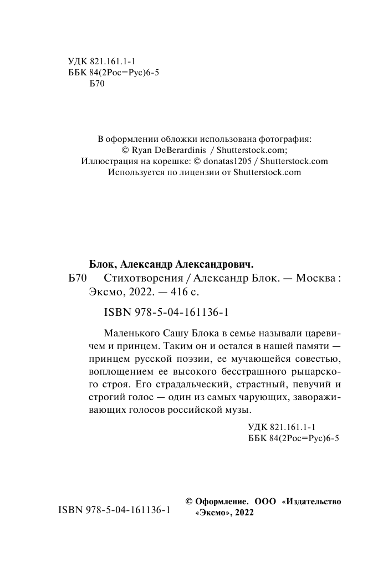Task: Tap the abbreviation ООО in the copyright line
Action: (x=265, y=501)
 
